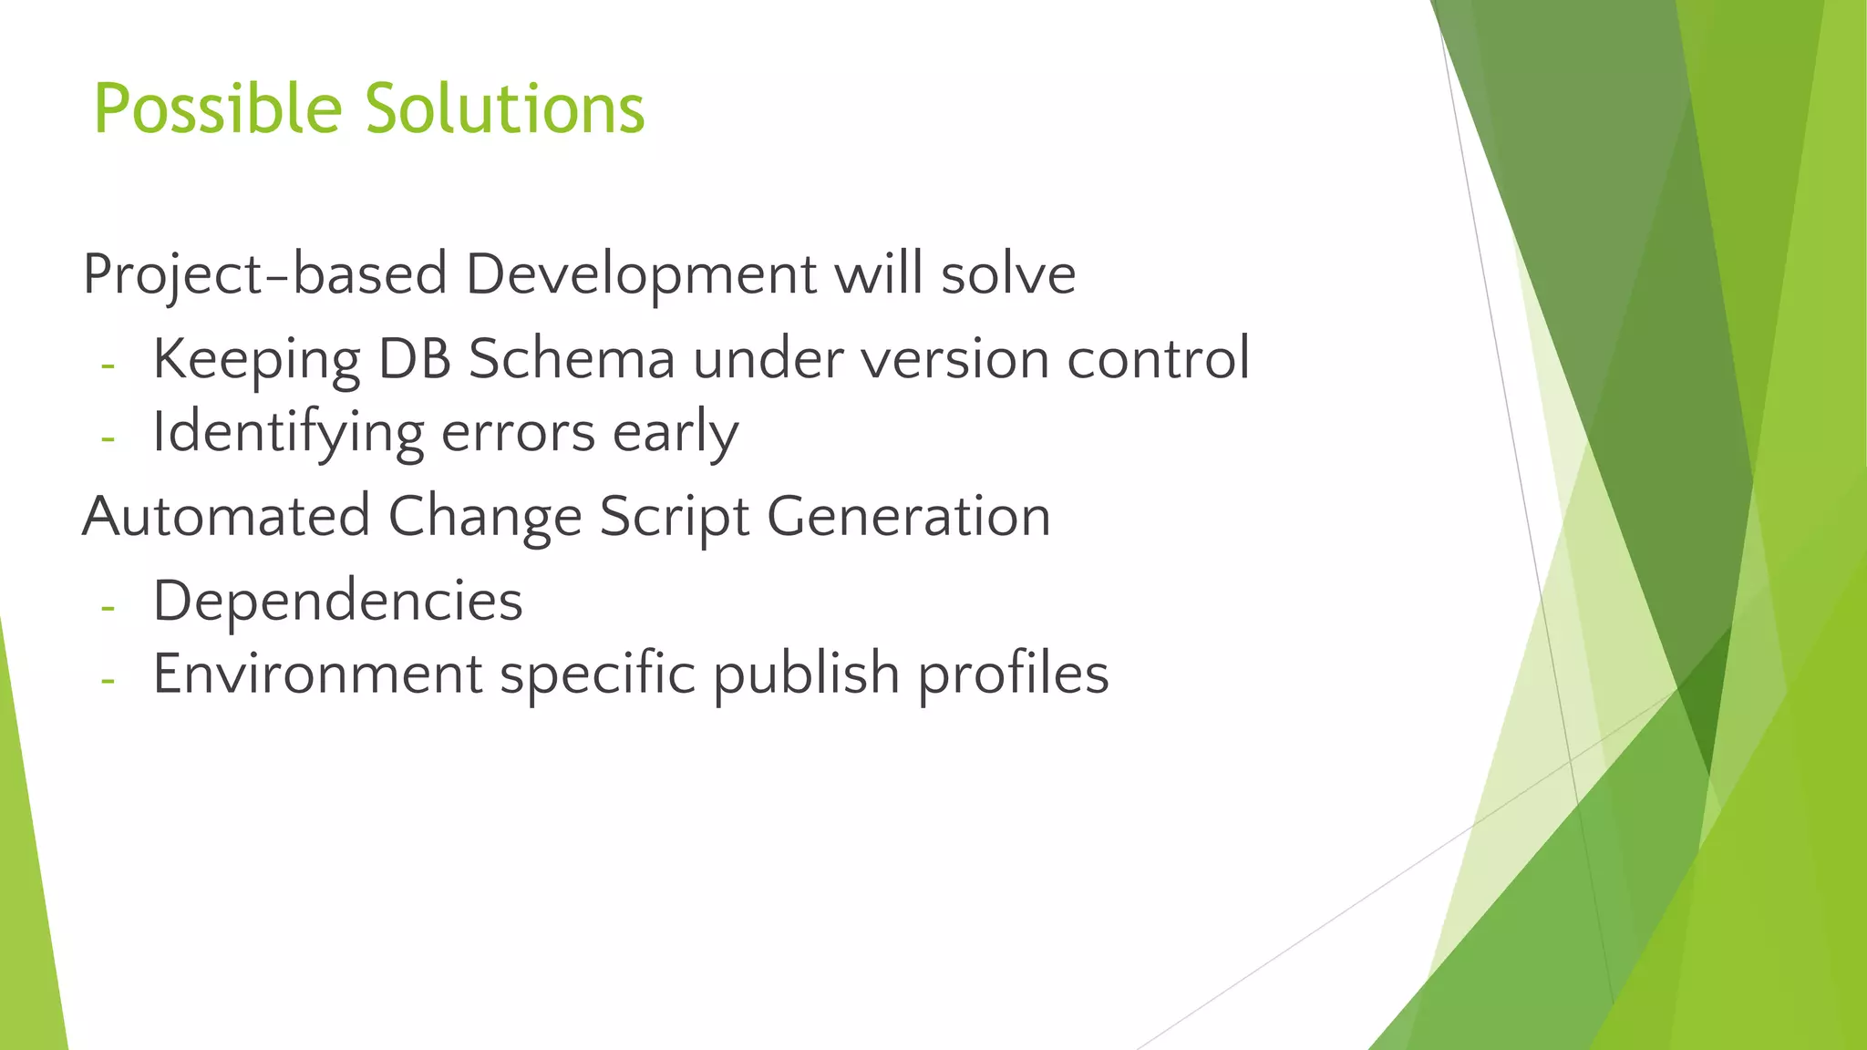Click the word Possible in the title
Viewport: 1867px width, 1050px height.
point(217,109)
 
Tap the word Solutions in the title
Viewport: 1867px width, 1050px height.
point(505,109)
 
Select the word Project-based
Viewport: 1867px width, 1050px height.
point(264,275)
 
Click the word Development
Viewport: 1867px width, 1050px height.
point(641,275)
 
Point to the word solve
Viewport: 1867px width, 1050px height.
point(1008,275)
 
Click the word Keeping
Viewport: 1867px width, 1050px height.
point(256,360)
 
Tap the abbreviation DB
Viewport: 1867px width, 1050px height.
point(414,360)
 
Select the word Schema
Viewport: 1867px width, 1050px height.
point(572,360)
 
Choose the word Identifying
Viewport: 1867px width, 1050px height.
point(288,433)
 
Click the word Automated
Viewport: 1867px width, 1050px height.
point(226,517)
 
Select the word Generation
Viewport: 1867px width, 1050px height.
point(909,517)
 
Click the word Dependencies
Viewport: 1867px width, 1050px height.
point(337,602)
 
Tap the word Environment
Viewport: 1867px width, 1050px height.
point(317,674)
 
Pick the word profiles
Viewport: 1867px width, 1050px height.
point(1013,674)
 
